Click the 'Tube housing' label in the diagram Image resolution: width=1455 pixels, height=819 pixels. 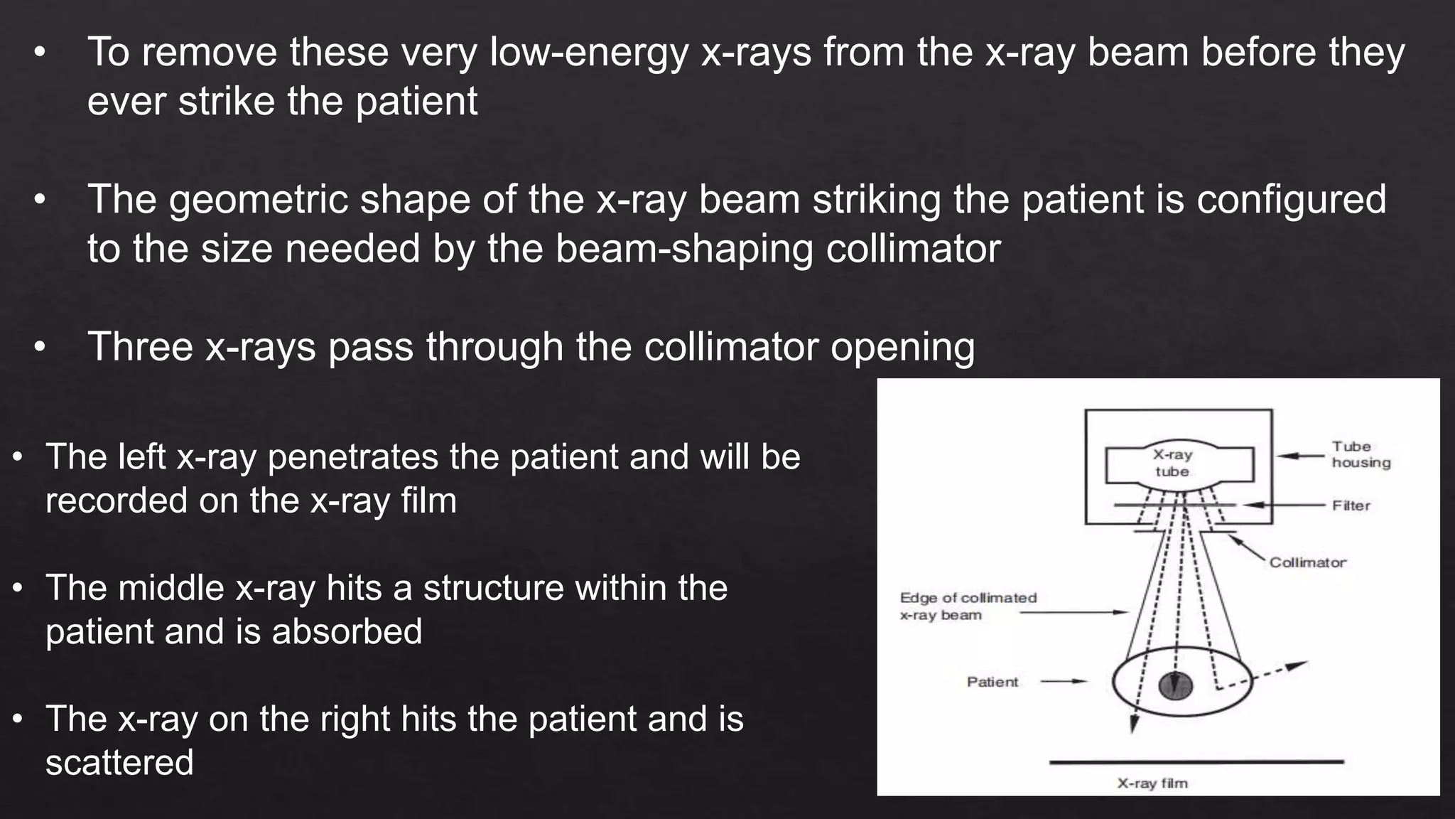[1361, 454]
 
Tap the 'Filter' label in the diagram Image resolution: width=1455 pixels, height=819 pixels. [1351, 505]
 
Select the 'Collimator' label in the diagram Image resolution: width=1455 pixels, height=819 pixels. [1307, 562]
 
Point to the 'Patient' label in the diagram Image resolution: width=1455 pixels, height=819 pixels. [992, 682]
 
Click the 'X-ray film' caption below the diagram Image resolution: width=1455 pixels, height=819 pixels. [1152, 783]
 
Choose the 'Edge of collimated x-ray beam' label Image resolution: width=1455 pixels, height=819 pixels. [968, 606]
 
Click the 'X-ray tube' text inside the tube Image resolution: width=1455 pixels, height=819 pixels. [1172, 463]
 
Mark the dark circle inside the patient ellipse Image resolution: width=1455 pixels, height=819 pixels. [1175, 686]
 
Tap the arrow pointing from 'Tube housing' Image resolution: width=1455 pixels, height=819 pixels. [1300, 456]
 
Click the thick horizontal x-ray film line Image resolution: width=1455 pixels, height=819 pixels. [1196, 762]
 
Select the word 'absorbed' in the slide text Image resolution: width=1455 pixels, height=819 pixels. [347, 631]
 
